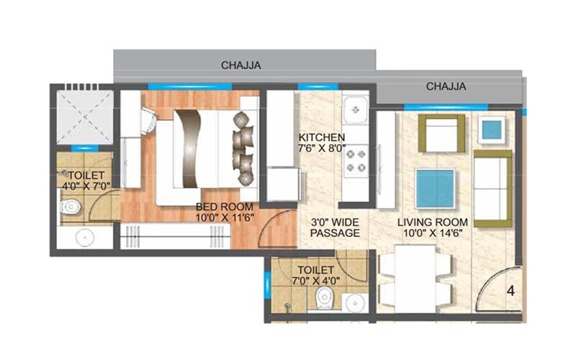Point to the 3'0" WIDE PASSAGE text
pyautogui.click(x=334, y=228)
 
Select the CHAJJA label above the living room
pyautogui.click(x=446, y=86)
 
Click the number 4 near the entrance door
pyautogui.click(x=510, y=292)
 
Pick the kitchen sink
pyautogui.click(x=355, y=111)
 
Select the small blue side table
pyautogui.click(x=493, y=130)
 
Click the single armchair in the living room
pyautogui.click(x=441, y=134)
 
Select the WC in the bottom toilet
pyautogui.click(x=325, y=297)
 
